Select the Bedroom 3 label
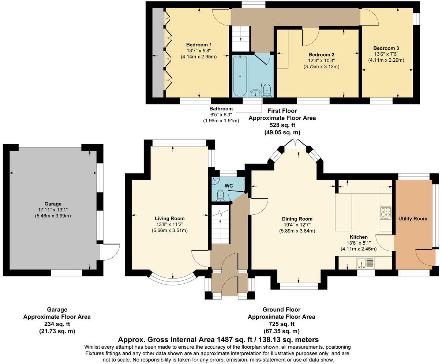point(386,48)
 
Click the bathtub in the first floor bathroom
point(240,76)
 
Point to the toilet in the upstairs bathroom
point(267,90)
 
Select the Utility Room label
point(412,219)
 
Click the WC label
point(229,186)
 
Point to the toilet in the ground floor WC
point(221,195)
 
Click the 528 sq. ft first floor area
point(282,125)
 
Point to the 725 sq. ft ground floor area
point(282,324)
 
